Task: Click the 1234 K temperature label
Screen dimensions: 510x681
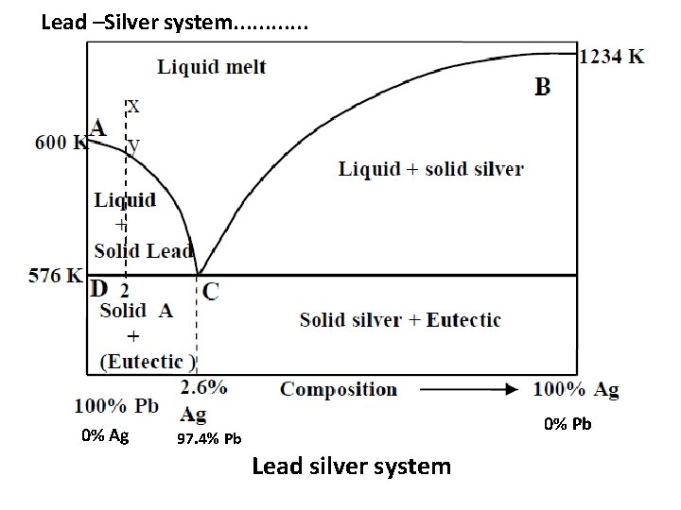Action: coord(612,56)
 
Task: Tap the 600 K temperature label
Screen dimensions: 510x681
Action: coord(61,144)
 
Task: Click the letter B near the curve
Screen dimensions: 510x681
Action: coord(543,88)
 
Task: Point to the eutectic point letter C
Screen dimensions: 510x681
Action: coord(210,291)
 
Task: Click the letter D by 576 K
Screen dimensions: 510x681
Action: coord(99,287)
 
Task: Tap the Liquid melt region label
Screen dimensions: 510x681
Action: coord(211,67)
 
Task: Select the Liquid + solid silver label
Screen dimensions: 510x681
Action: coord(430,170)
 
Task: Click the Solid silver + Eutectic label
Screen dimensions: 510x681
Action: coord(400,319)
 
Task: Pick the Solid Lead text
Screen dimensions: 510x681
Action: coord(144,250)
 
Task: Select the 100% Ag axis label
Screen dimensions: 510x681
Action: coord(577,389)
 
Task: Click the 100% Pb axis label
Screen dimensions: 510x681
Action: coord(116,407)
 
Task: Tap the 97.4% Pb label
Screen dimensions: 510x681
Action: coord(209,439)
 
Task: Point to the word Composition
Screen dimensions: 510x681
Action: coord(339,389)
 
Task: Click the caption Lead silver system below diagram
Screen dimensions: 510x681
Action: coord(351,467)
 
